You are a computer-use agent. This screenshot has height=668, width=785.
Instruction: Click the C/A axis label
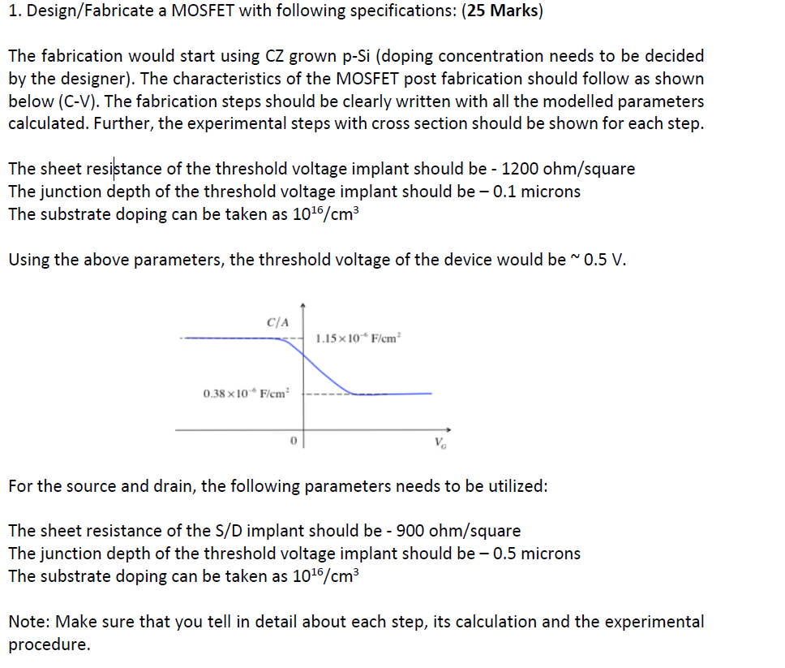[277, 321]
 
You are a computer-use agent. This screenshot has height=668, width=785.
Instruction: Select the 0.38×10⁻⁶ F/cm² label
[244, 394]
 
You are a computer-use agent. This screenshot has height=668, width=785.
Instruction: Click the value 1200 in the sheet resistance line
[522, 169]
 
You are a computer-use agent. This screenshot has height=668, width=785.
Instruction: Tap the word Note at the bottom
[28, 622]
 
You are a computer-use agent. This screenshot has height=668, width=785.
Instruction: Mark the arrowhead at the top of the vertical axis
[303, 306]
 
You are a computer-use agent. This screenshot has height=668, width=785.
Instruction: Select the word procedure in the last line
[47, 644]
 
